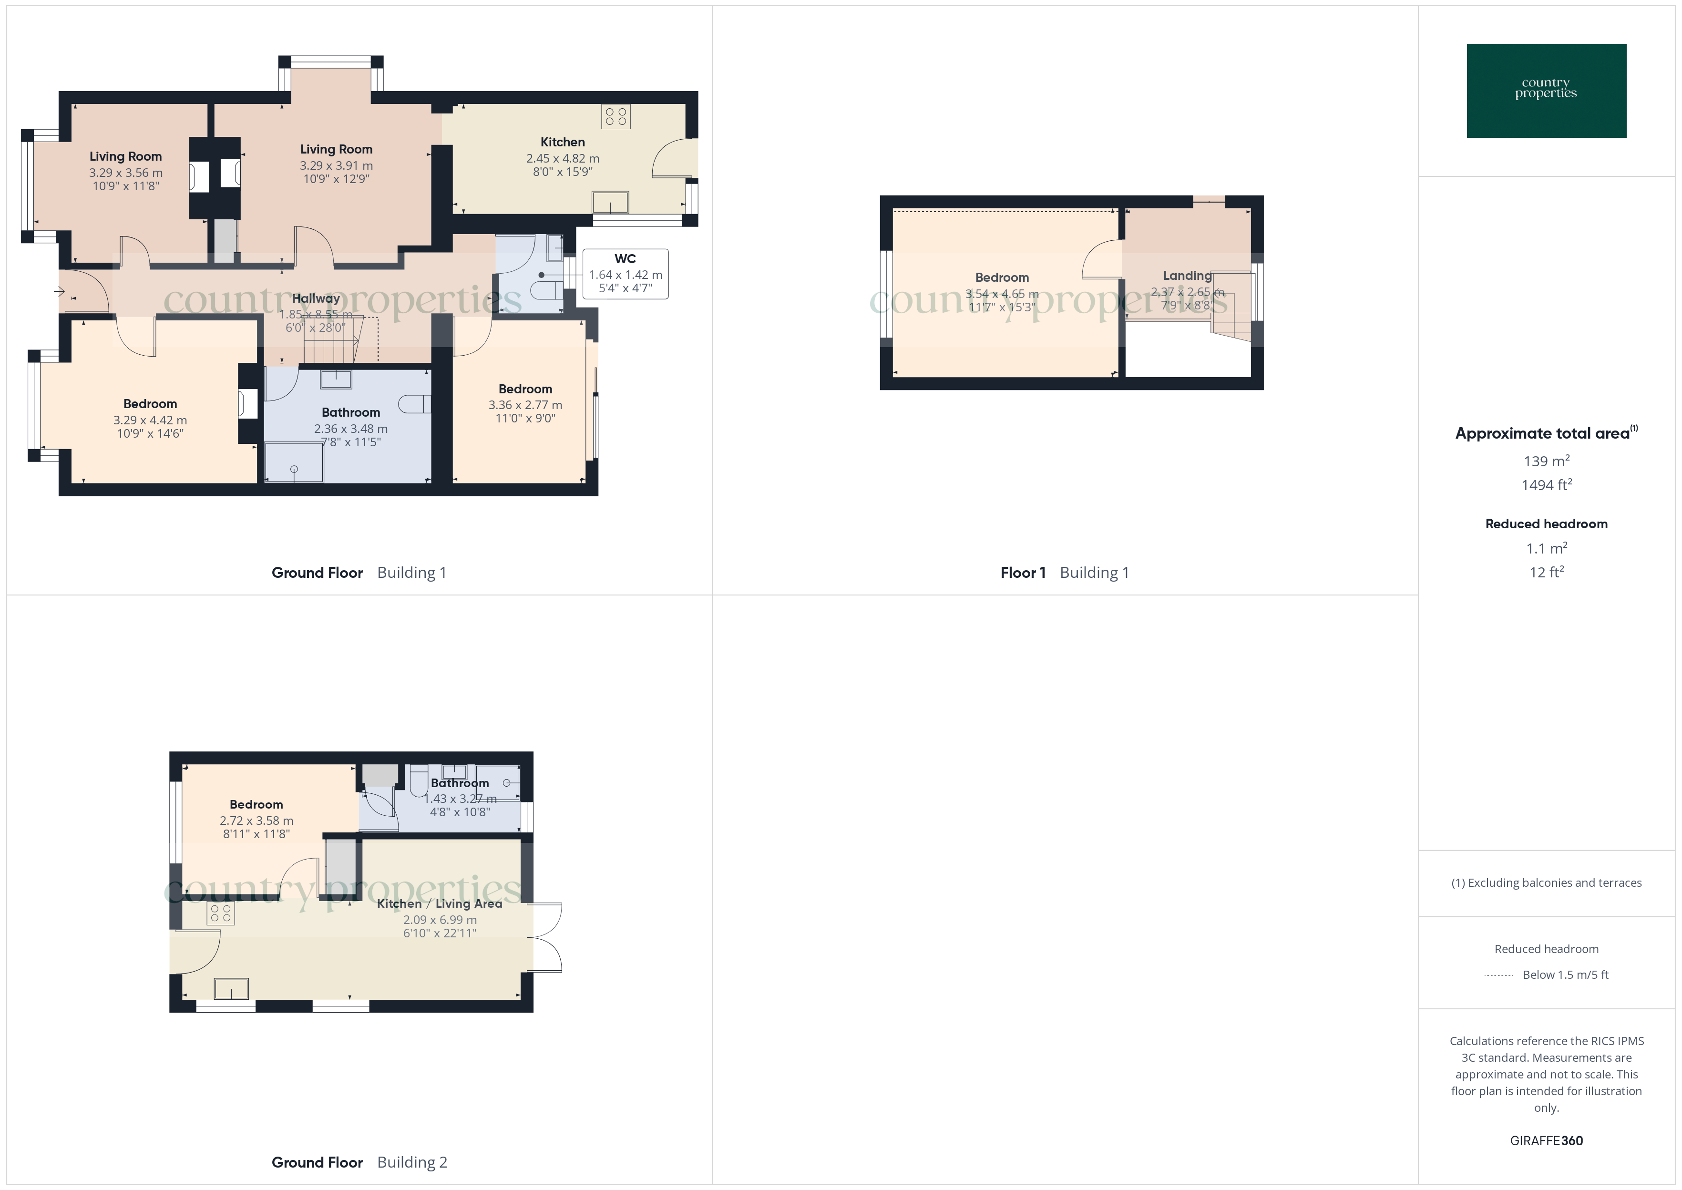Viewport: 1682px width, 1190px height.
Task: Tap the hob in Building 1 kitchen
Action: pos(615,116)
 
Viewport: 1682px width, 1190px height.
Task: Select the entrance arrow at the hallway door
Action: pos(59,292)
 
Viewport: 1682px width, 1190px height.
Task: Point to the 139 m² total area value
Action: pos(1546,461)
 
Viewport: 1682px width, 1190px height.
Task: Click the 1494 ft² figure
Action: pos(1546,484)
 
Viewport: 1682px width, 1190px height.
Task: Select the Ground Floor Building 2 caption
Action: pos(359,1162)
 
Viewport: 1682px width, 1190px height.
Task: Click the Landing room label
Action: pos(1187,276)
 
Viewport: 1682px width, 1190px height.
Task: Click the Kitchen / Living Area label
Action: pos(440,903)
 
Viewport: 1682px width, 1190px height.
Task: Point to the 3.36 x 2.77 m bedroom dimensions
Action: pos(525,404)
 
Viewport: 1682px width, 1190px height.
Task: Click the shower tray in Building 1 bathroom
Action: pos(294,462)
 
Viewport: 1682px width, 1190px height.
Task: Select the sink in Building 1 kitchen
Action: pos(610,202)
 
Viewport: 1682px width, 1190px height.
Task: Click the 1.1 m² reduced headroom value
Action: pos(1546,548)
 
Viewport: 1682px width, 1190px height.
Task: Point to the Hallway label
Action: pos(316,298)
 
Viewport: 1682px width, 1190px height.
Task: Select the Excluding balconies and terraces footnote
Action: pos(1546,883)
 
